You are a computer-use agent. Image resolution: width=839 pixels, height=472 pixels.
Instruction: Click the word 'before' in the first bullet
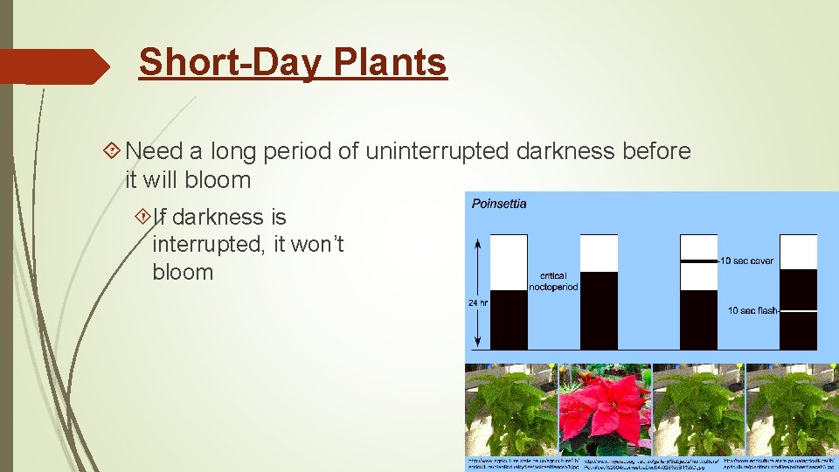655,151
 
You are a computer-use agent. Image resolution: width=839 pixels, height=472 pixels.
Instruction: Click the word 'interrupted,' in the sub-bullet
209,244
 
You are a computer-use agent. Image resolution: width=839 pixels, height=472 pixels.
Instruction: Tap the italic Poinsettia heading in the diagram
499,204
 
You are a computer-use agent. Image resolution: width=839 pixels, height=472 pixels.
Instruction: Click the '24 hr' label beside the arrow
478,303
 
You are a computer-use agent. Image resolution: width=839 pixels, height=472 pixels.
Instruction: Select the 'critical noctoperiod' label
553,281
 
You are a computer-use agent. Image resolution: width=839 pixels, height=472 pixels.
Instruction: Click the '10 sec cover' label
746,260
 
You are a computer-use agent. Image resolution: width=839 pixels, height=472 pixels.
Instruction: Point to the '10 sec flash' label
752,310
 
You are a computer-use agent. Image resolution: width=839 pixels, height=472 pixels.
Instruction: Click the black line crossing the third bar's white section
698,260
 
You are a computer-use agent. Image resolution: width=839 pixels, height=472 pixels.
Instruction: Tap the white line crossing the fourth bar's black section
798,310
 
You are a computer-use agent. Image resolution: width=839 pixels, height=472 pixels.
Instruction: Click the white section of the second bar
599,253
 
